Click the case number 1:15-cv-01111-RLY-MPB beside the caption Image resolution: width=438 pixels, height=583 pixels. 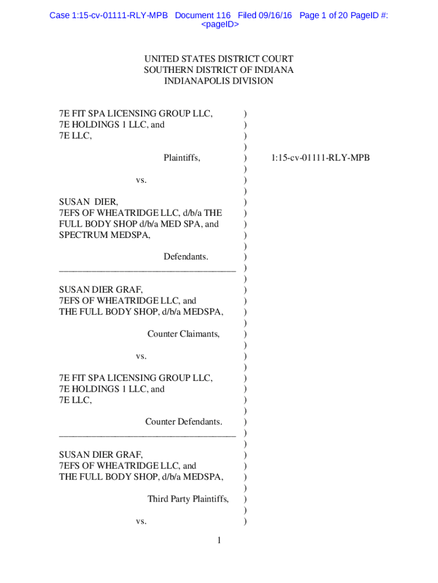pos(320,158)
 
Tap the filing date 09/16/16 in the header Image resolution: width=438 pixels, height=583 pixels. pos(274,15)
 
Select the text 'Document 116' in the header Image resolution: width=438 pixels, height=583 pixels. pos(203,15)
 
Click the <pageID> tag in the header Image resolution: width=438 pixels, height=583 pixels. pos(219,25)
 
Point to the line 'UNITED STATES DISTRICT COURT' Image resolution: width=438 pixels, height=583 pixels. pos(218,59)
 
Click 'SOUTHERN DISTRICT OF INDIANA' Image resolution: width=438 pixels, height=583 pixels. pos(218,70)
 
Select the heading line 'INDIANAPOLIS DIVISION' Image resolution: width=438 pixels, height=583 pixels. pos(218,81)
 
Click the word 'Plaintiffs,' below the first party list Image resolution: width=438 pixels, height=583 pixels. pos(182,158)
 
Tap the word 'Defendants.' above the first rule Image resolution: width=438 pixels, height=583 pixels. pos(186,257)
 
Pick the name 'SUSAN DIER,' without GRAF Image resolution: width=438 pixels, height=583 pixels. pos(89,202)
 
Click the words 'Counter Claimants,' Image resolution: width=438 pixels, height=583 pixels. pos(184,334)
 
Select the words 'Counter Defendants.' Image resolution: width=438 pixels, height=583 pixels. pos(184,422)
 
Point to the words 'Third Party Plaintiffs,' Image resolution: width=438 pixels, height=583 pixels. pos(188,499)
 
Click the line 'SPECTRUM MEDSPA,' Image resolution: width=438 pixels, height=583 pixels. pos(105,235)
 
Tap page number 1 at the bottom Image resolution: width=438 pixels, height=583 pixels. pos(218,540)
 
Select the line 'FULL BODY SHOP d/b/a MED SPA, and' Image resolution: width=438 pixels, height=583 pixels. pos(139,224)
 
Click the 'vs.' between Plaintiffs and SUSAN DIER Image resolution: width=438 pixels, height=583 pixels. pos(141,180)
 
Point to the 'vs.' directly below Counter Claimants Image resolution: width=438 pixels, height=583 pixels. pos(141,356)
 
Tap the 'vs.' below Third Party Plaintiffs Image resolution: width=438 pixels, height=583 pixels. pos(141,521)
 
